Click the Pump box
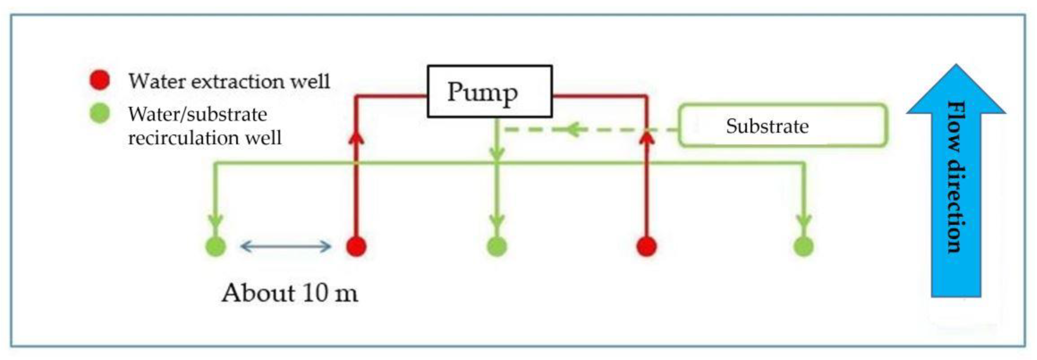[490, 91]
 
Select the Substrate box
[783, 126]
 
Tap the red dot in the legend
[99, 80]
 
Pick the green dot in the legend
[99, 113]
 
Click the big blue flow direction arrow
[956, 181]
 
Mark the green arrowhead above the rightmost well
[804, 221]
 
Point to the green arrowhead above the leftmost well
[216, 221]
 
